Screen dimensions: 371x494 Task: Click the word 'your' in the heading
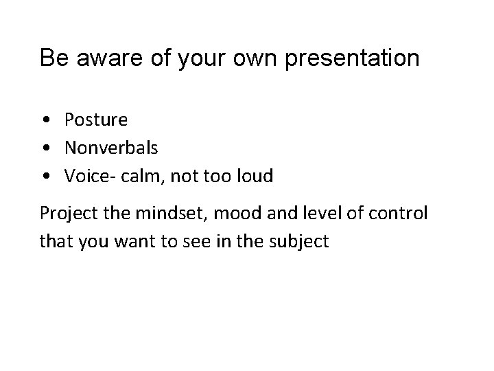(x=203, y=59)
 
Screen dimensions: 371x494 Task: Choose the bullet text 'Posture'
(x=95, y=120)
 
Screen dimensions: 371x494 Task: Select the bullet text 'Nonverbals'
(x=111, y=148)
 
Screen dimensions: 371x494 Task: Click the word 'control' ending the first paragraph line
(x=399, y=214)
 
